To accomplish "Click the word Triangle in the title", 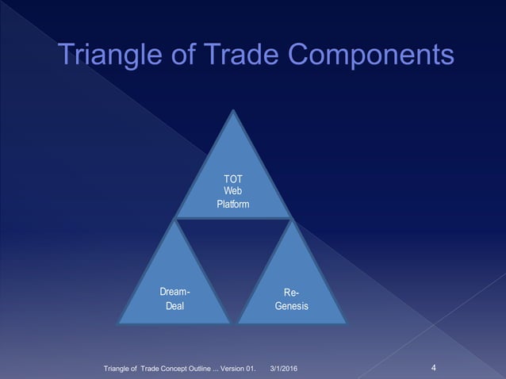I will pos(114,56).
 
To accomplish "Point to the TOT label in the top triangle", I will pos(233,179).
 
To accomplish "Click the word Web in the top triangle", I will pos(233,191).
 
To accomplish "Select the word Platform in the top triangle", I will pos(233,204).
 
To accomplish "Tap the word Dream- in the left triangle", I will pos(174,292).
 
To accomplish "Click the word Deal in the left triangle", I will pos(174,306).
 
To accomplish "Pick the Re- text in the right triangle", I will pos(291,292).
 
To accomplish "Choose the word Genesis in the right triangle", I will pos(291,306).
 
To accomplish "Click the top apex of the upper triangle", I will pos(233,111).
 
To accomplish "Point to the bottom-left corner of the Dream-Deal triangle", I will pos(119,322).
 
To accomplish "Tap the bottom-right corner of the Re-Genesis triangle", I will pos(347,322).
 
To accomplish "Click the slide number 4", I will pos(434,367).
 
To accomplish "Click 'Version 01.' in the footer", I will pos(235,369).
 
